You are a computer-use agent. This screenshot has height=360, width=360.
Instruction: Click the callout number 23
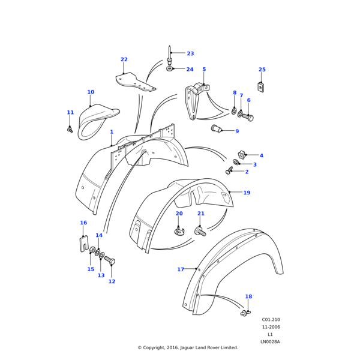coord(190,54)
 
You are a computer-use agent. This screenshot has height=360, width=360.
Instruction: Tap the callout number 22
coord(124,59)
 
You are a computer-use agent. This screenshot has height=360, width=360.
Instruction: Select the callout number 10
coord(91,92)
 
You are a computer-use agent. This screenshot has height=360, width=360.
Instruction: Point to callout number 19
coord(247,193)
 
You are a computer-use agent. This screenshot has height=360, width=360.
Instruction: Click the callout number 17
coord(181,269)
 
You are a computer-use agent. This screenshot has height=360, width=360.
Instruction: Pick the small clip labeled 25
coord(260,87)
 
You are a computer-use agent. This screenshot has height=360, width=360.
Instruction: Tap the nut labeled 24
coord(170,68)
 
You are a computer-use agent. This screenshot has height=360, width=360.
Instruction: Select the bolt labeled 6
coord(248,117)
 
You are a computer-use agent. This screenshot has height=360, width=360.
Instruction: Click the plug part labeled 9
coord(217,128)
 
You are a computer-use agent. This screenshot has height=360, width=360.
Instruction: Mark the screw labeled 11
coord(70,128)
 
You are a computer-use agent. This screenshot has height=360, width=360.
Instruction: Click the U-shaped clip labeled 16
coord(85,244)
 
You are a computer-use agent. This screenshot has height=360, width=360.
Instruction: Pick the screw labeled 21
coord(200,231)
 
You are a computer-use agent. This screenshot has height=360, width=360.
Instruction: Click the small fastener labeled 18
coord(244,313)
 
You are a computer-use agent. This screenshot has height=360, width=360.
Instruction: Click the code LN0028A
coord(270,342)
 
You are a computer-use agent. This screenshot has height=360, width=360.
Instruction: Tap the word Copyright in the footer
coord(157,347)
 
